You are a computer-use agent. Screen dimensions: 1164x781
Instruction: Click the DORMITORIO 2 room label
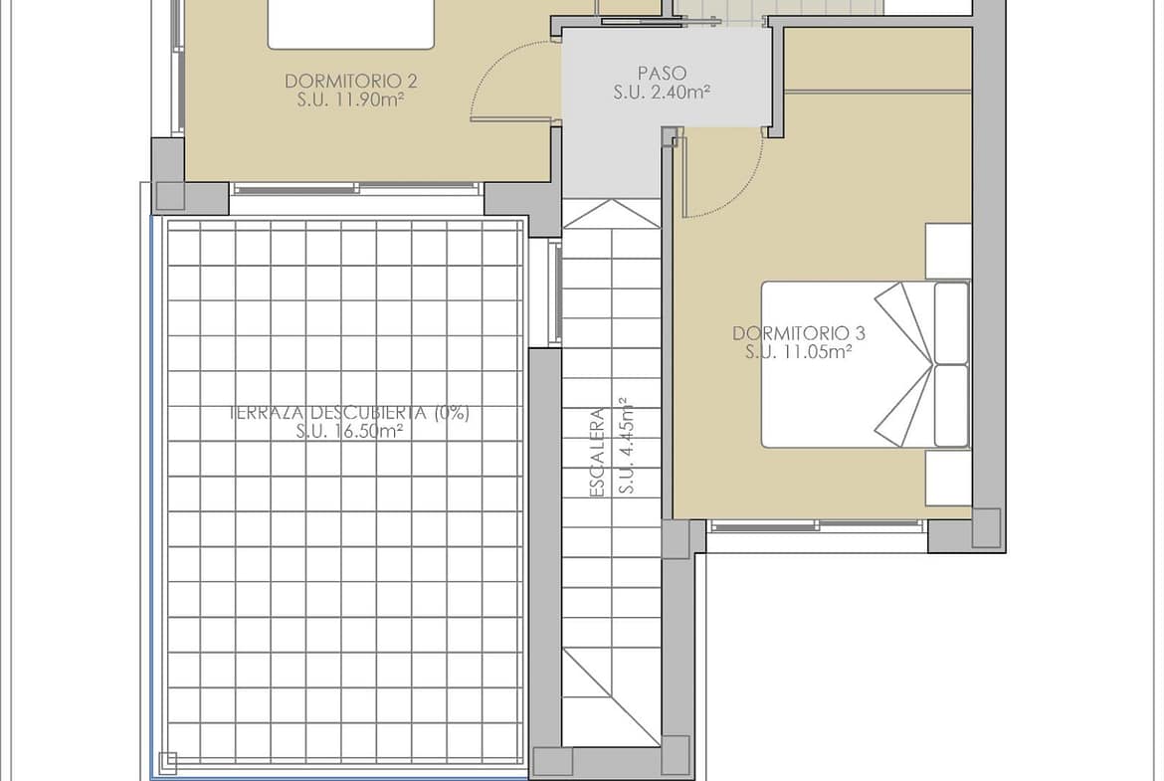click(x=351, y=81)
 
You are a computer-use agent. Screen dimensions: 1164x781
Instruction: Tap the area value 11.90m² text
click(x=368, y=99)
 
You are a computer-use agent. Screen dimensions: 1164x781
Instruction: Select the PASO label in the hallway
click(x=663, y=73)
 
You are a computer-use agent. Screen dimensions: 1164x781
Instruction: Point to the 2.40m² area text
click(x=678, y=93)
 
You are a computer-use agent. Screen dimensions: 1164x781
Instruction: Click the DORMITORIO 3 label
click(x=799, y=333)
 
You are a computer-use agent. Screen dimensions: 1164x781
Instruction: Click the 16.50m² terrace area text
click(x=368, y=432)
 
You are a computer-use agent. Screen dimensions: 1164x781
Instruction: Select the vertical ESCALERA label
click(x=598, y=453)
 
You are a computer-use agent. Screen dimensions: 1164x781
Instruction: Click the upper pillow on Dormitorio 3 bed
click(x=951, y=322)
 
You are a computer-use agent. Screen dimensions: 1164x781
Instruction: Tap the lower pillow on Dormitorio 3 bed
click(x=951, y=405)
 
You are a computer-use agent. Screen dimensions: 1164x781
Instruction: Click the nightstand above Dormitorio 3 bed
click(x=948, y=252)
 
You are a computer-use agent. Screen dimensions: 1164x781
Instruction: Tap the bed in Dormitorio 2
click(x=350, y=25)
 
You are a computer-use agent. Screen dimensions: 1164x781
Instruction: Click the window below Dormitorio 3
click(x=818, y=526)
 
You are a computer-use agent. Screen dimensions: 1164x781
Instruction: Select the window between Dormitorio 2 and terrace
click(x=356, y=189)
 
